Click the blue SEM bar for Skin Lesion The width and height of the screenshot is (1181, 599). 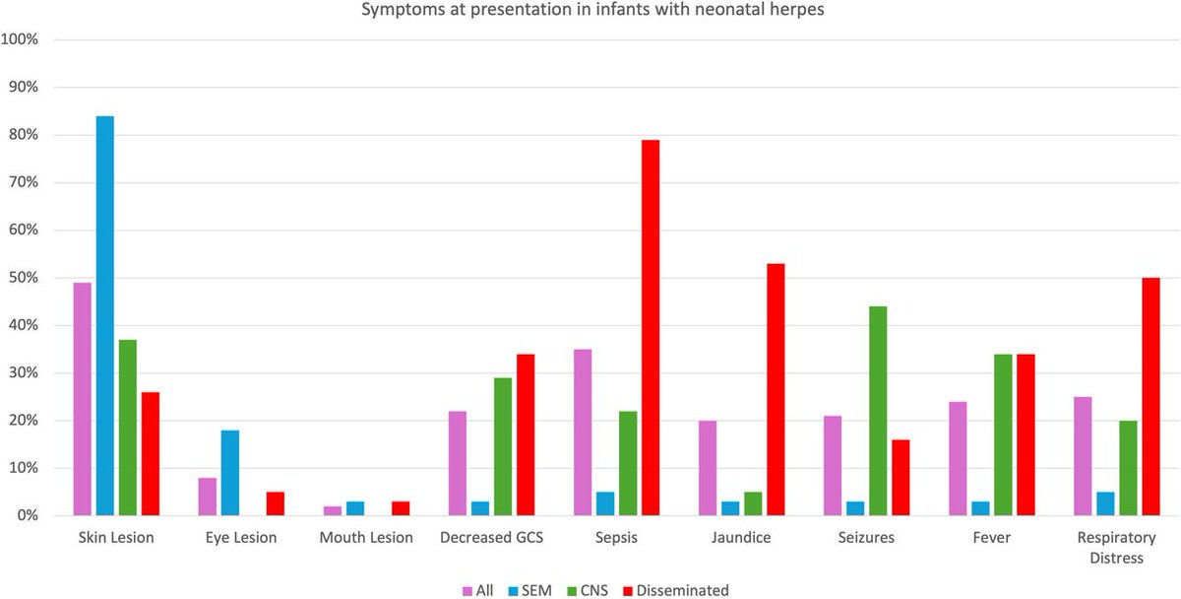(x=104, y=315)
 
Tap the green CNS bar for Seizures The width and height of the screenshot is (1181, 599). (x=877, y=411)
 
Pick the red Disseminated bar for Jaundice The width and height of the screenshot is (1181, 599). (x=776, y=389)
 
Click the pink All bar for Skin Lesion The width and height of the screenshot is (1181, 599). (x=82, y=399)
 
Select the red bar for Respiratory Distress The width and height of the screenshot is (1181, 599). (x=1150, y=396)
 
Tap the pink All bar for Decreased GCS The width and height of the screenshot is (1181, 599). (x=458, y=463)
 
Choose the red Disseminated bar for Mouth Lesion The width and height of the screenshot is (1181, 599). (x=401, y=508)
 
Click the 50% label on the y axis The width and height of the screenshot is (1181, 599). (x=23, y=278)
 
